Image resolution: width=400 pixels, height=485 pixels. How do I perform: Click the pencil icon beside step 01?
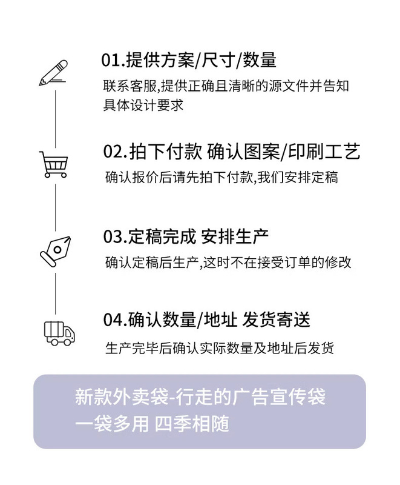[54, 72]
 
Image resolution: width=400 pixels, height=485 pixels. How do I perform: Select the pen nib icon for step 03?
[55, 249]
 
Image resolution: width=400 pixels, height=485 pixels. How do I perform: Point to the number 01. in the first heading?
[113, 60]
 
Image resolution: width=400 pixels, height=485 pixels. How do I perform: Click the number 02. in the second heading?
[114, 152]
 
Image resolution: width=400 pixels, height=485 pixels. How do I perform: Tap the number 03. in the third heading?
[114, 236]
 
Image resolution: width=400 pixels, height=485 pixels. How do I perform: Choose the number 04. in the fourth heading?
[114, 319]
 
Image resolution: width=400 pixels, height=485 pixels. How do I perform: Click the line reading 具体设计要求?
[143, 104]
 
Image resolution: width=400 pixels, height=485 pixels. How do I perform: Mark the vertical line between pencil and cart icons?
[55, 118]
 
